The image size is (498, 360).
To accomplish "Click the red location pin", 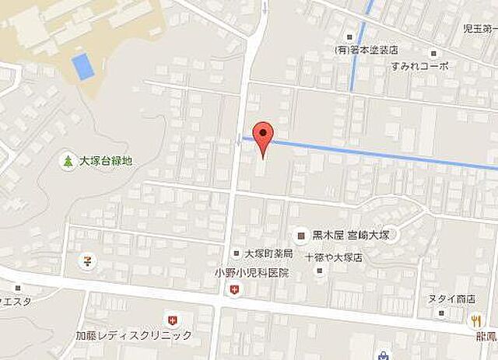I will [265, 137].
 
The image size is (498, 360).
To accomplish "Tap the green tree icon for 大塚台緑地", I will [68, 161].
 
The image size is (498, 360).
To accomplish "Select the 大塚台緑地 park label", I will [105, 161].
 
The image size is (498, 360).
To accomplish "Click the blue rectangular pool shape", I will [83, 65].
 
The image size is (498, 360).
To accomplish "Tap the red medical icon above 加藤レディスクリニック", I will [172, 318].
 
